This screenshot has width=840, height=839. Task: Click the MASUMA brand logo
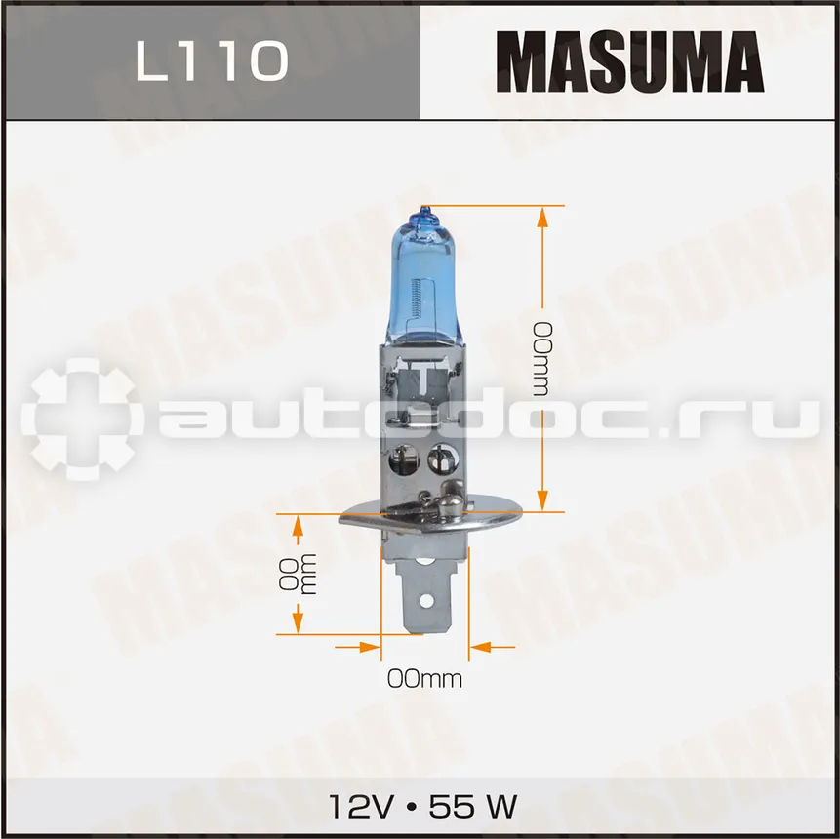pos(629,61)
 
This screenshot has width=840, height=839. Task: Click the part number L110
pos(213,62)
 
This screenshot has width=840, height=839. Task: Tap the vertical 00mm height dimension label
pos(541,359)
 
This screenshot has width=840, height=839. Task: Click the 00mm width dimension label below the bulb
pos(424,679)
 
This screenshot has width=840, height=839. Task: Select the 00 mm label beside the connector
pos(298,574)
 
